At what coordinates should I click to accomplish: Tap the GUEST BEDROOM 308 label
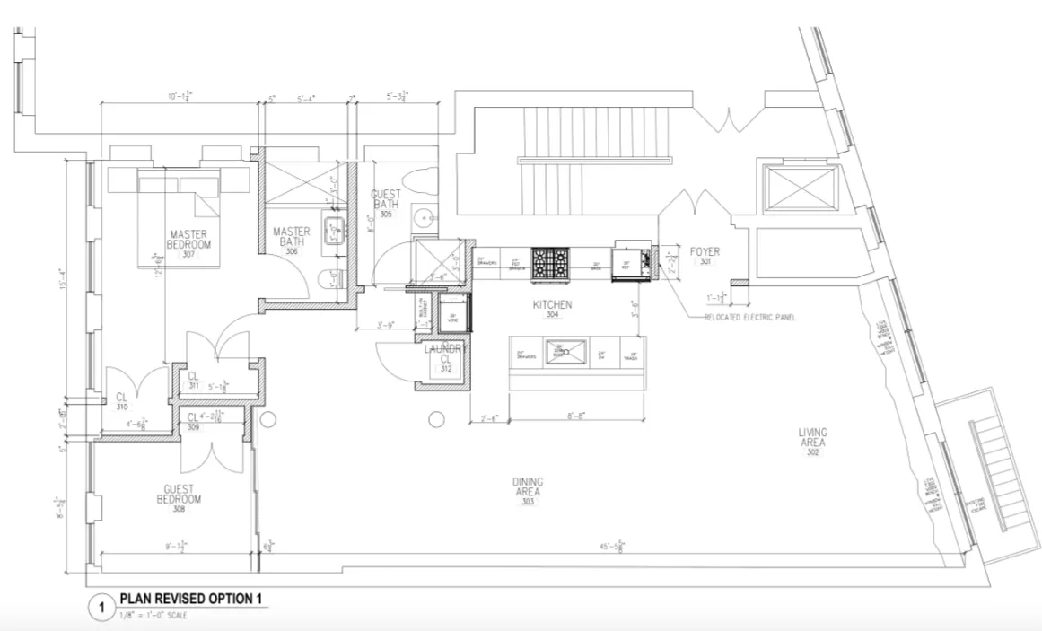coord(180,498)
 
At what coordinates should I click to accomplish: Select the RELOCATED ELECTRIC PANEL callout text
coord(749,318)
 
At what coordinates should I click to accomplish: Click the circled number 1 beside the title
coord(101,608)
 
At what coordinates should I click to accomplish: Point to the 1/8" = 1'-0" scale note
coord(153,616)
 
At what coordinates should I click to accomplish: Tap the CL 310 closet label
coord(122,401)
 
